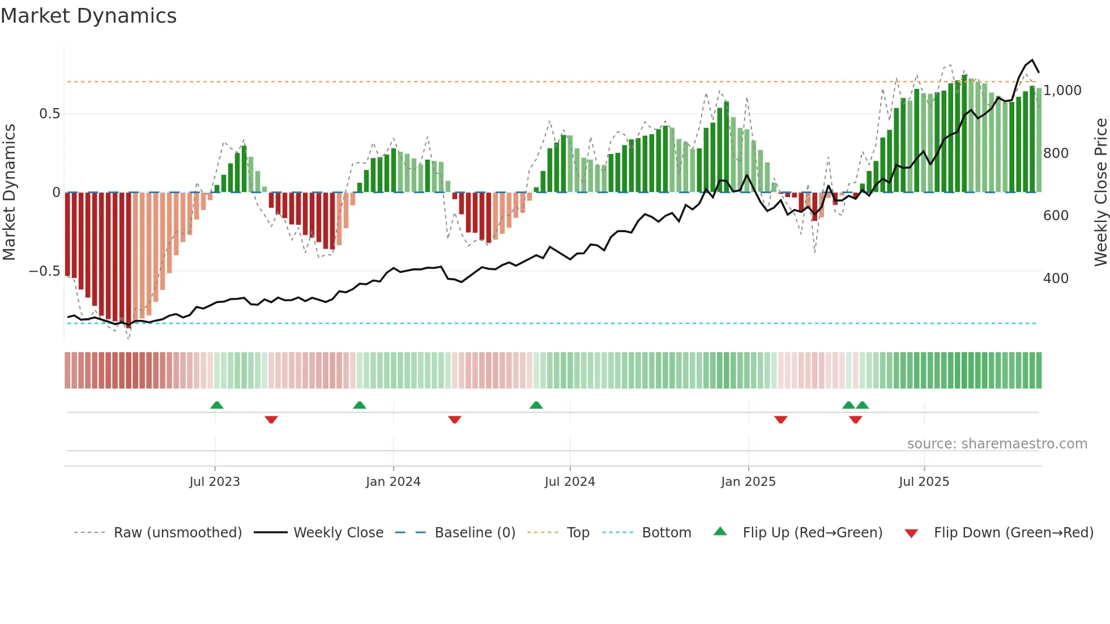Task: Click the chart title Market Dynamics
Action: pyautogui.click(x=88, y=16)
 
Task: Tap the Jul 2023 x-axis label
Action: pyautogui.click(x=215, y=482)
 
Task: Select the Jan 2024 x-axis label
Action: pyautogui.click(x=393, y=482)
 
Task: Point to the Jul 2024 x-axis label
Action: pyautogui.click(x=570, y=482)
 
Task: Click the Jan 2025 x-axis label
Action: pyautogui.click(x=748, y=482)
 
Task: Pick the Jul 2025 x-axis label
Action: pyautogui.click(x=924, y=482)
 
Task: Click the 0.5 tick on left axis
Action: pyautogui.click(x=49, y=114)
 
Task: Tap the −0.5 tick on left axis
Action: pyautogui.click(x=44, y=271)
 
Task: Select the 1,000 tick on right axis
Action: pyautogui.click(x=1062, y=91)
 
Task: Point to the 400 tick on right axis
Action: pyautogui.click(x=1056, y=279)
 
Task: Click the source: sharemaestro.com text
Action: pyautogui.click(x=997, y=444)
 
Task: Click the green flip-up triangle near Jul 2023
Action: pyautogui.click(x=217, y=405)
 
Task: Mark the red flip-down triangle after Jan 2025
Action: pyautogui.click(x=781, y=420)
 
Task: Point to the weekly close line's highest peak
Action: pyautogui.click(x=1032, y=60)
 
